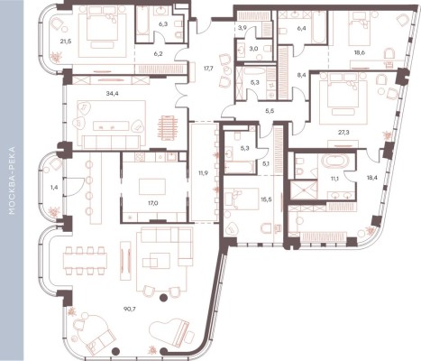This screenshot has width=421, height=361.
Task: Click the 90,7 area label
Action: coord(130,309)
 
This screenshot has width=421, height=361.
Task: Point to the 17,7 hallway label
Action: coord(208,69)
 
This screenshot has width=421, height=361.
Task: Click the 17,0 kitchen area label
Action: coord(153,203)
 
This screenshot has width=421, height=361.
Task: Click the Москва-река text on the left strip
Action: coord(12,180)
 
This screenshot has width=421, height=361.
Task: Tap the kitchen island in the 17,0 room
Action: coord(152,187)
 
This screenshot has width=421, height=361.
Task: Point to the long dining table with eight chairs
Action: coord(86,261)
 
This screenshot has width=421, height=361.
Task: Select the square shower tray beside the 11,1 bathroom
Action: coord(304,190)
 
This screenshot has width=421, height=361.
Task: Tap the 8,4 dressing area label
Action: coord(301,75)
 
